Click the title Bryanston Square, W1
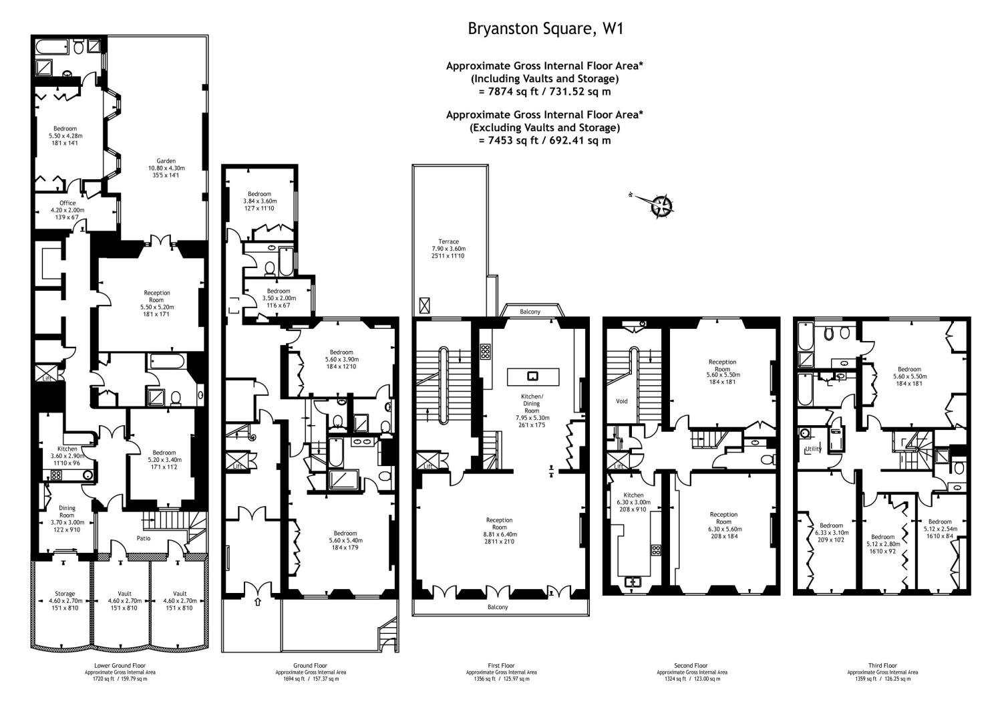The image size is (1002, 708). (545, 29)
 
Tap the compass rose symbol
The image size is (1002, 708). (661, 205)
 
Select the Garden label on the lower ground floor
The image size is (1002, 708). (166, 161)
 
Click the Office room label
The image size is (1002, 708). (67, 203)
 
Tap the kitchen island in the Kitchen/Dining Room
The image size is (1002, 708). (532, 376)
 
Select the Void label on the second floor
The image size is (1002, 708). (621, 402)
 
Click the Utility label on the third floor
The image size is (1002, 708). (812, 449)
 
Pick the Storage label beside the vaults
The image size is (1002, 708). (65, 594)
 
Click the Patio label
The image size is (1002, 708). (143, 538)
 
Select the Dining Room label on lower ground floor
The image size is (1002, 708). (67, 512)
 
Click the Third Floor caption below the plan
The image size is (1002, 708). (882, 666)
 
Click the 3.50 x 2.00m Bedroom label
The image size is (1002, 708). (279, 291)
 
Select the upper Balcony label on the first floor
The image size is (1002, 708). (530, 312)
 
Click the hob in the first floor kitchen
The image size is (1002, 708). (485, 352)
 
